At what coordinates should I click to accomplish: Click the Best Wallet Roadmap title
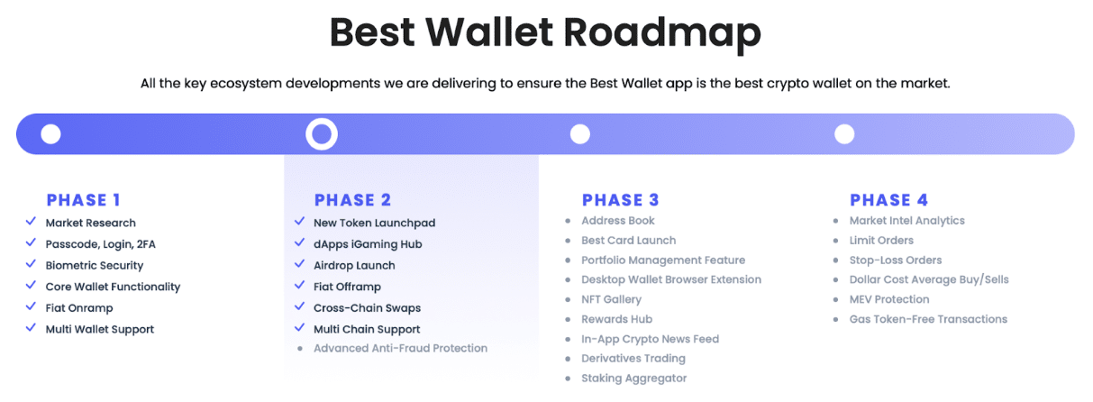click(545, 33)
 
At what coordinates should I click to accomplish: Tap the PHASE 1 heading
click(83, 200)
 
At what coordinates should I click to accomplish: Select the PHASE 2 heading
click(352, 200)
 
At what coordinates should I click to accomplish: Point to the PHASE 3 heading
click(620, 200)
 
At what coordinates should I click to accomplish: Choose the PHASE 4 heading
click(888, 200)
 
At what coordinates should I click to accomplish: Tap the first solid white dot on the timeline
click(50, 134)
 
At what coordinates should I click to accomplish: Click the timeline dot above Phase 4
click(844, 134)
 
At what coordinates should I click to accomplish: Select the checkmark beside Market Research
click(31, 221)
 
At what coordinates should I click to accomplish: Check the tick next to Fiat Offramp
click(299, 285)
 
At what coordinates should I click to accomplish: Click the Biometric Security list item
click(95, 265)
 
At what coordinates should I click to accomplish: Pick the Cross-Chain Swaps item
click(367, 308)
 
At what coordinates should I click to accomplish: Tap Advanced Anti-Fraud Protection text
click(400, 348)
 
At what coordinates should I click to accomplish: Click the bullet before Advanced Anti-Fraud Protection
click(300, 348)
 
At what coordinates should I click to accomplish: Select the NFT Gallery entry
click(612, 299)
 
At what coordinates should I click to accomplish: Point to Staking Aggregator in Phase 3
click(633, 378)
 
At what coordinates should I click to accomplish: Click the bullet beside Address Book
click(568, 221)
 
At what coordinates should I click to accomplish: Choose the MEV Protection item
click(889, 299)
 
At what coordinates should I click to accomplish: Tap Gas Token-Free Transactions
click(928, 319)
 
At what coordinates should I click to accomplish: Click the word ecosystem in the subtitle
click(246, 84)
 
